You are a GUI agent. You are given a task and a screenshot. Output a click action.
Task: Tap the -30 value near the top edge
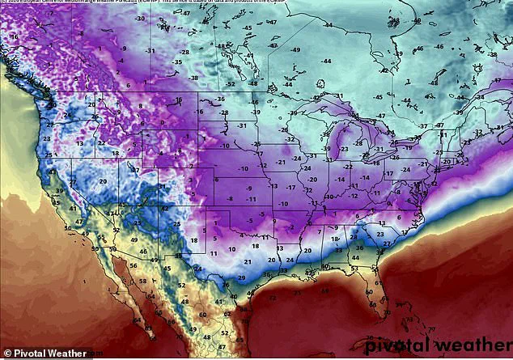(141, 17)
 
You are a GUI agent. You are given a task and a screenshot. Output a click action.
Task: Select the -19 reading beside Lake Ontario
(409, 148)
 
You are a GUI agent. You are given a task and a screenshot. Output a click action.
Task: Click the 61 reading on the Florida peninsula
(378, 285)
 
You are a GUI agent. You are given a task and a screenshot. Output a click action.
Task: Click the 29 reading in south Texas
(241, 277)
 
